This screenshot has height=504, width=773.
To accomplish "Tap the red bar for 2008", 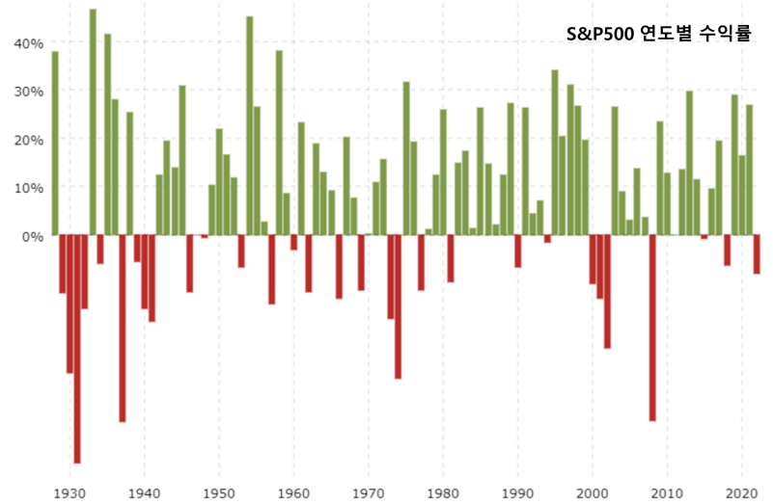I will [x=652, y=328].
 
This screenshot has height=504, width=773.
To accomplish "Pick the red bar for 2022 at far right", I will [x=757, y=254].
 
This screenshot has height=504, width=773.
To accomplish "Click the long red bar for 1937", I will [x=123, y=328].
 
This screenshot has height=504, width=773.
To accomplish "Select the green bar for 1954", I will [x=249, y=125].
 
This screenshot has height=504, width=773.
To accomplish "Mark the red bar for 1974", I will [x=398, y=306].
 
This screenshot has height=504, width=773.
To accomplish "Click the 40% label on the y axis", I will [x=28, y=43].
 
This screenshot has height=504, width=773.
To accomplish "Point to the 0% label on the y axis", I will [x=32, y=236].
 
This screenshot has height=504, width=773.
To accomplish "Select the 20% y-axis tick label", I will [x=28, y=140].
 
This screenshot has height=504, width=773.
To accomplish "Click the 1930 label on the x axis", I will [x=69, y=492].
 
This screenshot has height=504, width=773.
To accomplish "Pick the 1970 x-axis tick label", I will [x=368, y=492].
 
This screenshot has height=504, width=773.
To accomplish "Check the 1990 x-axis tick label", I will [x=517, y=492].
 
